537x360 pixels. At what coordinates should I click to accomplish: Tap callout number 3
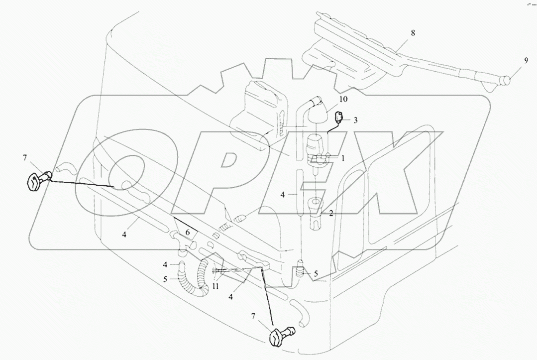coord(356,120)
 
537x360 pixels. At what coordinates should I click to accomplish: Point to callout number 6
coord(188,232)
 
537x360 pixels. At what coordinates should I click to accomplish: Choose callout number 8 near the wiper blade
coord(413,33)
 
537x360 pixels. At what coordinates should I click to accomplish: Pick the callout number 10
coord(343,100)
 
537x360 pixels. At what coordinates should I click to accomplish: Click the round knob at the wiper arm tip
coord(507,79)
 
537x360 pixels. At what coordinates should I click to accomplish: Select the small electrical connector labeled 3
coord(339,118)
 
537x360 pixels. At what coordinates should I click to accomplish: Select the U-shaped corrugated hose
coord(192,279)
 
